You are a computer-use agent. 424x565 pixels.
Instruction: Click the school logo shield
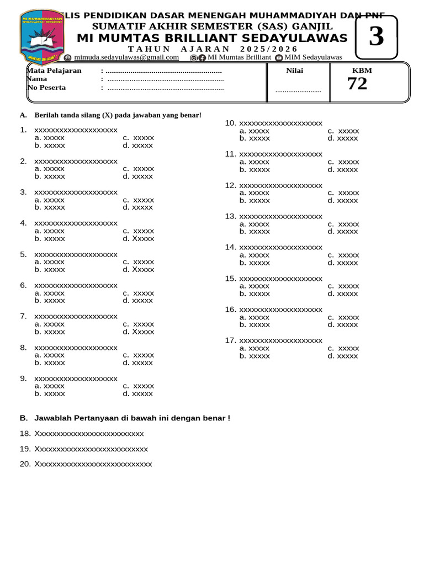click(x=41, y=36)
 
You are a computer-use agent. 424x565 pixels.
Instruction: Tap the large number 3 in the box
click(x=376, y=36)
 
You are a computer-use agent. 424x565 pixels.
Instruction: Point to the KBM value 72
click(x=357, y=84)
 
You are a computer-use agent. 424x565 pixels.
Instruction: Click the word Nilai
click(x=294, y=71)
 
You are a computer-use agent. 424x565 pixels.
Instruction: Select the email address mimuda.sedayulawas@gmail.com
click(x=126, y=57)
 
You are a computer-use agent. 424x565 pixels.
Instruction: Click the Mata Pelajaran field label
click(x=54, y=71)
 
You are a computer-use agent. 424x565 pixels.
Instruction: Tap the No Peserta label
click(x=46, y=88)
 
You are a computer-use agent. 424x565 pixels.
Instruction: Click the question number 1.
click(x=23, y=130)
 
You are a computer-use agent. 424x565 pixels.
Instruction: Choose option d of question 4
click(x=139, y=239)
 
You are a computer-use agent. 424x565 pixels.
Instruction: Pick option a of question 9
click(x=49, y=386)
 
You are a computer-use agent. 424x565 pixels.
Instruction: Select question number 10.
click(x=231, y=123)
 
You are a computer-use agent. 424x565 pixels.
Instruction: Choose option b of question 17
click(x=255, y=356)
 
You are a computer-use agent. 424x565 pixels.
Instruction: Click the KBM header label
click(x=362, y=71)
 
